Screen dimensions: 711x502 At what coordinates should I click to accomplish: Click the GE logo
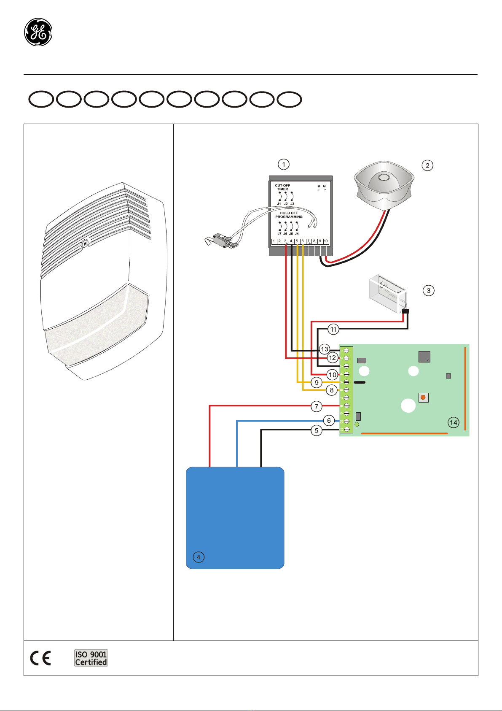click(x=38, y=32)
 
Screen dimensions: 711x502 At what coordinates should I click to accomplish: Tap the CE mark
click(x=40, y=658)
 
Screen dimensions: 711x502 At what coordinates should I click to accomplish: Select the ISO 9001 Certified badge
click(x=91, y=658)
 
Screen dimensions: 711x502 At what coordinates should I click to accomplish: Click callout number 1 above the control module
click(x=284, y=164)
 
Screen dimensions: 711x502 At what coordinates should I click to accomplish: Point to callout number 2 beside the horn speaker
click(x=427, y=165)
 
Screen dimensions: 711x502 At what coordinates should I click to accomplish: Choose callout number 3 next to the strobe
click(x=429, y=290)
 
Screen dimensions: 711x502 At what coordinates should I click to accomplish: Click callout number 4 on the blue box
click(x=198, y=557)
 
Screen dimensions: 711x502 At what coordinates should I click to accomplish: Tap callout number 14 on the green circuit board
click(x=454, y=422)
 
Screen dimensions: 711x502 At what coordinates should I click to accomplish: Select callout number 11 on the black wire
click(x=333, y=329)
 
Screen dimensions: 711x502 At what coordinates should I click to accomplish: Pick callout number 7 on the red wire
click(x=317, y=406)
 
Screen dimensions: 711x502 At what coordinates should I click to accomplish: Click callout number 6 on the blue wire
click(x=329, y=420)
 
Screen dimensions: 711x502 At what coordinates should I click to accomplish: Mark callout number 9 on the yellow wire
click(x=317, y=383)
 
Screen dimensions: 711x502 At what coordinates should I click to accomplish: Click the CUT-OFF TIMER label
click(x=282, y=187)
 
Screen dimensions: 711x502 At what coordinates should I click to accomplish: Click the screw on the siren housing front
click(x=85, y=243)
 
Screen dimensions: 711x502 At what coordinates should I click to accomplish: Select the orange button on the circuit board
click(x=423, y=397)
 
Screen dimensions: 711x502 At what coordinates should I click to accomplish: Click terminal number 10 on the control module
click(x=326, y=241)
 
